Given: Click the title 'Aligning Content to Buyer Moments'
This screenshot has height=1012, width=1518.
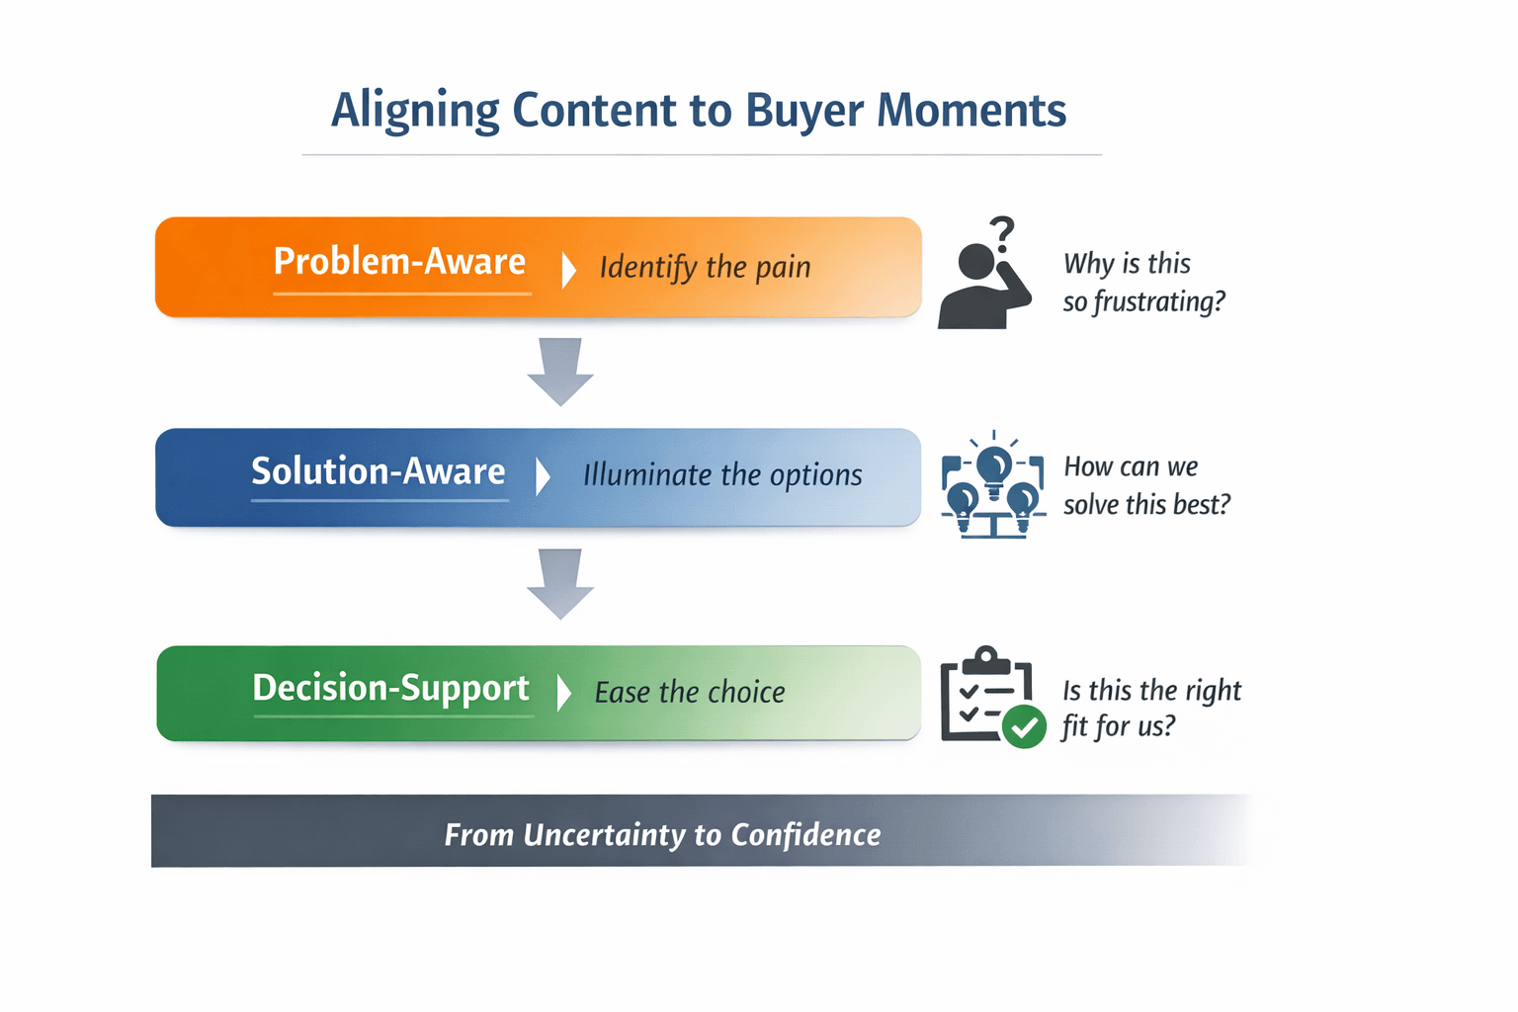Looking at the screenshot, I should click(699, 110).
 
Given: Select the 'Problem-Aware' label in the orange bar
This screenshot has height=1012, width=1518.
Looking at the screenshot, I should click(399, 262).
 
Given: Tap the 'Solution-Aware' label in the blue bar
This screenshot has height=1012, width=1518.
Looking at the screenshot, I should click(379, 471).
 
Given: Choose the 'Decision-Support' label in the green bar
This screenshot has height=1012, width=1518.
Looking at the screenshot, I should click(391, 688).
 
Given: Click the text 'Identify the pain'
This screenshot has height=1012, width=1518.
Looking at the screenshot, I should click(705, 267).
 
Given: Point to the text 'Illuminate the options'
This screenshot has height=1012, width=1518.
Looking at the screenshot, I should click(722, 475).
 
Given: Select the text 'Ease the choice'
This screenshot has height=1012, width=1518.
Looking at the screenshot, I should click(690, 693).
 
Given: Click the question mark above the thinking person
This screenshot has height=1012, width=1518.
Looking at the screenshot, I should click(1003, 233).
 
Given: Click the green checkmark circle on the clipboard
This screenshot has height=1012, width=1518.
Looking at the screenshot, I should click(1024, 727).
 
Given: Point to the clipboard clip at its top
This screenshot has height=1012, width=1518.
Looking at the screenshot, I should click(986, 659).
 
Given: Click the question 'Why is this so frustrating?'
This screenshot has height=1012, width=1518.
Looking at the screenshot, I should click(1143, 283).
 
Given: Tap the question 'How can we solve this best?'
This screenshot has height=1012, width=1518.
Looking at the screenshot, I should click(1146, 485).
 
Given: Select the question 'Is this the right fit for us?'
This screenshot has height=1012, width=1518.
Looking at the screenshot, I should click(1151, 708).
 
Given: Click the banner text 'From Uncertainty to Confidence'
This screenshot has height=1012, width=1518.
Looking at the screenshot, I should click(662, 835).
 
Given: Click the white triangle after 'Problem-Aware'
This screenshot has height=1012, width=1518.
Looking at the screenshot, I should click(568, 269).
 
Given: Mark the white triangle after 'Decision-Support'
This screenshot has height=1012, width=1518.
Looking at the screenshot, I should click(563, 693).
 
